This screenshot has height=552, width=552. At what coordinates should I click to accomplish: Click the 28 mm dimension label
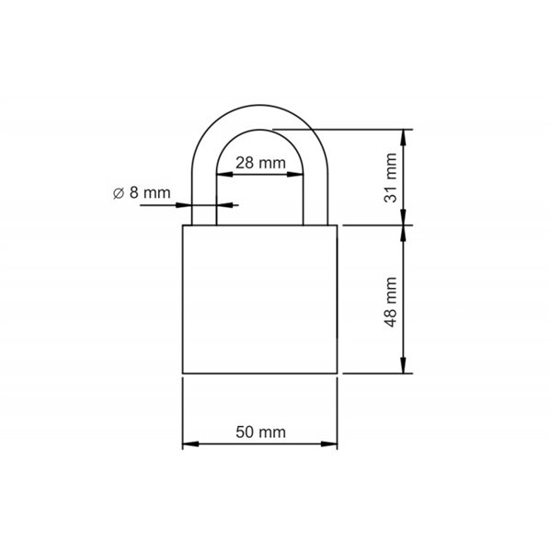[259, 163]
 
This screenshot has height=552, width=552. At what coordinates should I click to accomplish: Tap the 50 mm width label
[259, 431]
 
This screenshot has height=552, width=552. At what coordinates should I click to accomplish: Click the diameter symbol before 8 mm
[118, 193]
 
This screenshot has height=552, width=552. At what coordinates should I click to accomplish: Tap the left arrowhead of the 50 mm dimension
[187, 445]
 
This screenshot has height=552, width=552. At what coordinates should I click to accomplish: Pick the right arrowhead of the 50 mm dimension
[332, 445]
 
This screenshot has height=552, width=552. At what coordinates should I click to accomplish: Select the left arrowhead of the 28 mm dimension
[220, 175]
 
